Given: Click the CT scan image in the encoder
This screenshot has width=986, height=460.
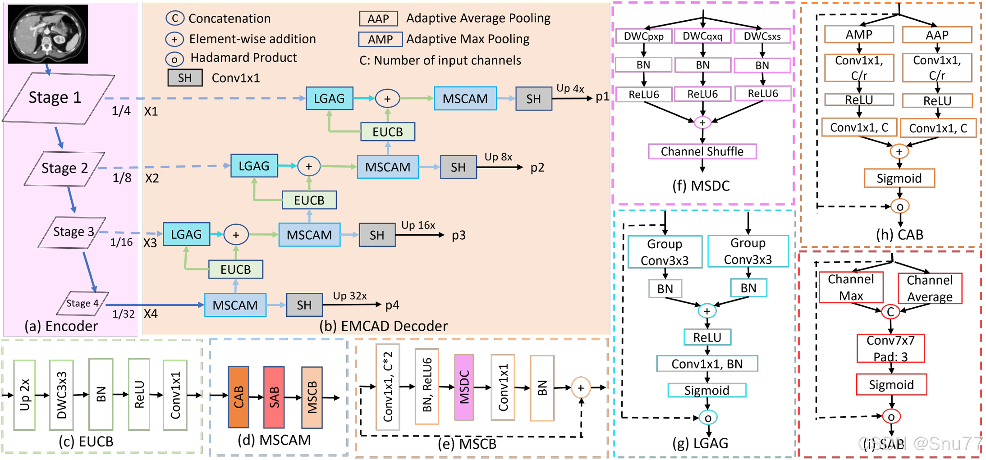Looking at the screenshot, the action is pyautogui.click(x=48, y=34).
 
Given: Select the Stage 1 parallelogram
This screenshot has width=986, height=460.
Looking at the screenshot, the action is pyautogui.click(x=58, y=98).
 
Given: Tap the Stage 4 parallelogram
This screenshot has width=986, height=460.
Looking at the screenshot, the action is pyautogui.click(x=83, y=303).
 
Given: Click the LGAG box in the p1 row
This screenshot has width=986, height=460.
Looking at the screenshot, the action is pyautogui.click(x=329, y=98).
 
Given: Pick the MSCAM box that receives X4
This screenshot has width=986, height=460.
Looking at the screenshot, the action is pyautogui.click(x=235, y=305).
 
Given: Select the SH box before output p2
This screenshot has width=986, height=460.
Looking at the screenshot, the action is pyautogui.click(x=458, y=167).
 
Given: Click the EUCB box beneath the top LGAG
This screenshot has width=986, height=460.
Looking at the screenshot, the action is pyautogui.click(x=388, y=132).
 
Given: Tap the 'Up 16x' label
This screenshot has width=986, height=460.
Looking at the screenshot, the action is pyautogui.click(x=418, y=225).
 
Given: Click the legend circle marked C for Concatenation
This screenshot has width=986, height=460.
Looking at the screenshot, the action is pyautogui.click(x=174, y=18).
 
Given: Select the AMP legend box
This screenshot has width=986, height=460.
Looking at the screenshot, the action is pyautogui.click(x=380, y=39).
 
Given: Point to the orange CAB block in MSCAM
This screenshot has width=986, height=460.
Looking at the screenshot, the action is pyautogui.click(x=238, y=397).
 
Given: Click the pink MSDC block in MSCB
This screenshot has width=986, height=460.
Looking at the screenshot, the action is pyautogui.click(x=464, y=387).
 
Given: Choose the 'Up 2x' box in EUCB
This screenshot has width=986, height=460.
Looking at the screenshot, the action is pyautogui.click(x=24, y=395).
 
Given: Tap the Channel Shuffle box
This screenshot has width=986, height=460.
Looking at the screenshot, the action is pyautogui.click(x=702, y=151).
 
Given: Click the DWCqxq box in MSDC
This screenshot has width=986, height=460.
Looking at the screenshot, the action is pyautogui.click(x=702, y=36).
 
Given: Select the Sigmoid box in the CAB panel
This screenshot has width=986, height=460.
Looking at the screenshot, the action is pyautogui.click(x=899, y=178).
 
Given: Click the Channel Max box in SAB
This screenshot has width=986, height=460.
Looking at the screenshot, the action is pyautogui.click(x=851, y=287).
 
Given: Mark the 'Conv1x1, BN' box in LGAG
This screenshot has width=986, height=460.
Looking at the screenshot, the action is pyautogui.click(x=707, y=364).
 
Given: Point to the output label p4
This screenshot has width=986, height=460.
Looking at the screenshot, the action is pyautogui.click(x=392, y=305).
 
